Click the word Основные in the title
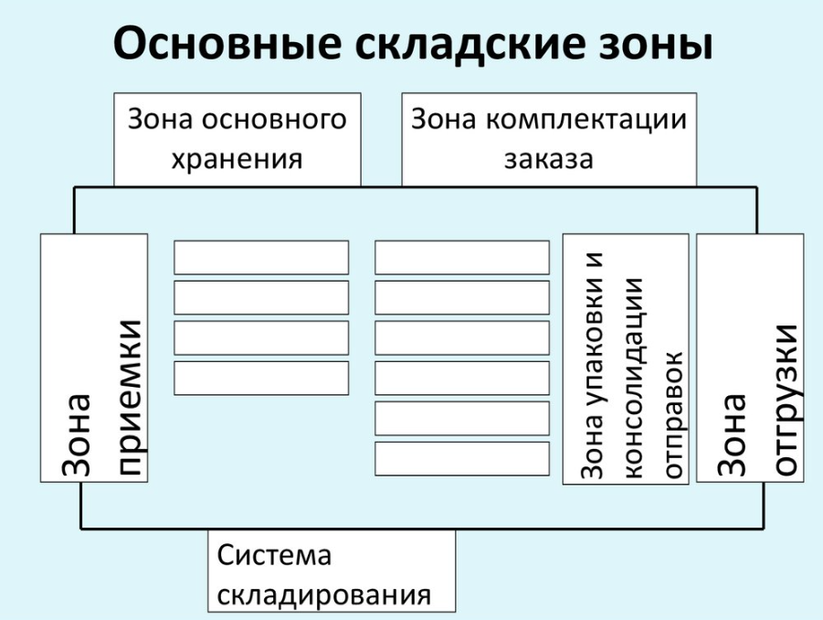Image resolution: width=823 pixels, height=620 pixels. click(227, 43)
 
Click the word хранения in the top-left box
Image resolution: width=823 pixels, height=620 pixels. click(237, 158)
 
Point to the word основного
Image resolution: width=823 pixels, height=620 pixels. click(273, 119)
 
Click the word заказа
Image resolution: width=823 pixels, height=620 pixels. click(548, 159)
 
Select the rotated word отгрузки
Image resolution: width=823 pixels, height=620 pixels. click(784, 401)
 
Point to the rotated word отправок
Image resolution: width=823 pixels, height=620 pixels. click(675, 415)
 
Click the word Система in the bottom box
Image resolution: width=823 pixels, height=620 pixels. click(274, 555)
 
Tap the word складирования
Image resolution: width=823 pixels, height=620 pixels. click(324, 595)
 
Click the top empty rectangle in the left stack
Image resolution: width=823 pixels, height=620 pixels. click(261, 258)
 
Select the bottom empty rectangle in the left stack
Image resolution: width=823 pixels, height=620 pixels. click(261, 378)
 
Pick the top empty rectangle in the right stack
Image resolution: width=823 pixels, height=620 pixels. click(462, 258)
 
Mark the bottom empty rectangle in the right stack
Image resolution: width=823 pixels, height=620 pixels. click(462, 459)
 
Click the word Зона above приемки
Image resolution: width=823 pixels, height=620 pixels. click(76, 435)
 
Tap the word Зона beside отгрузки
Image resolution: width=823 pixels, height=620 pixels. click(731, 435)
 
